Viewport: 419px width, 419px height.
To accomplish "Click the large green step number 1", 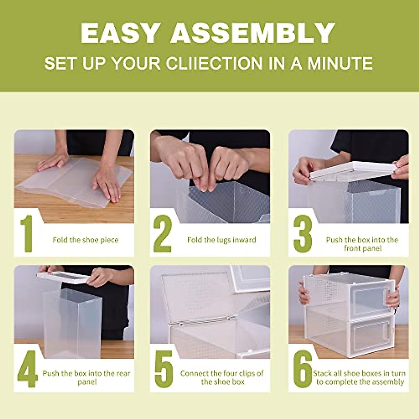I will [26, 234].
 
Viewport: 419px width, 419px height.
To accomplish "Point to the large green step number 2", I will [163, 234].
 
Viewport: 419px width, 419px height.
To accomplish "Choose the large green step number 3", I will [302, 234].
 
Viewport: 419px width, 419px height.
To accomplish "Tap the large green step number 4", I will [27, 368].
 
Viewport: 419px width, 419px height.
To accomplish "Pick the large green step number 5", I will [164, 368].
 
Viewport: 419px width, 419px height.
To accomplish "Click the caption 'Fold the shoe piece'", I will [86, 240].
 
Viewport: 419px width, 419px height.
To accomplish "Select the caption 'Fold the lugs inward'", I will [221, 240].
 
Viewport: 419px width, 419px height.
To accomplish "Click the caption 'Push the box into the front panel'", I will [362, 244].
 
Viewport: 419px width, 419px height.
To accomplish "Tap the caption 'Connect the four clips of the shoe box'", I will [222, 377].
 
